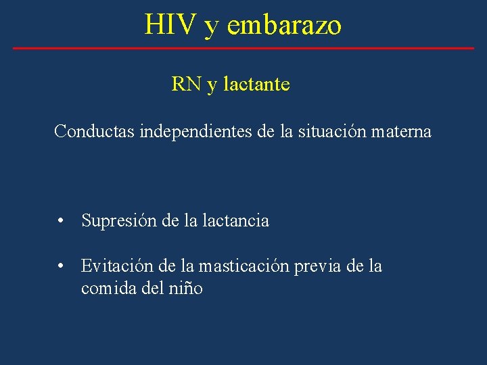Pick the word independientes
pos(196,131)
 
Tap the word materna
pos(401,131)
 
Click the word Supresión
pos(119,220)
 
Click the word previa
pos(318,266)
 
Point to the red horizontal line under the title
pos(243,48)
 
